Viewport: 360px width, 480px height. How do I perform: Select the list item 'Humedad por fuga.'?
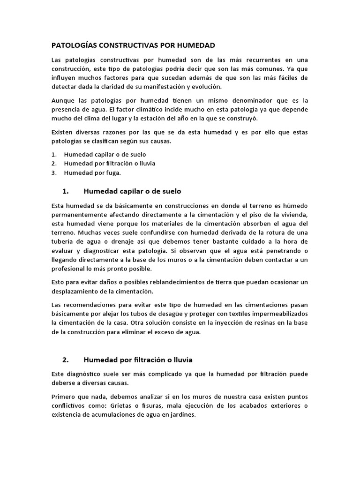(86, 172)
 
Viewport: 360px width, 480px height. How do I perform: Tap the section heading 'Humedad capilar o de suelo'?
(132, 191)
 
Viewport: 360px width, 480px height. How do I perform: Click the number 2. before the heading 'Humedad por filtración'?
(66, 360)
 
